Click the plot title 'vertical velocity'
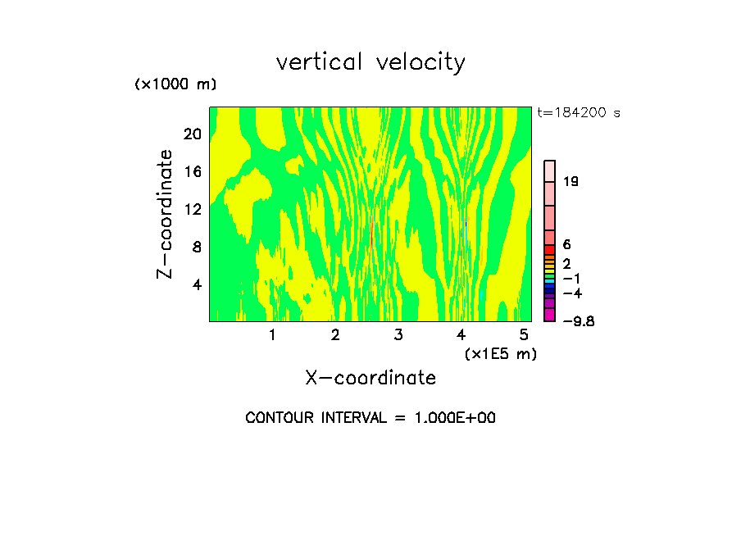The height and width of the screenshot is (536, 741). [x=370, y=62]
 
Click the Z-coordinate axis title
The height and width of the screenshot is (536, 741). [x=166, y=214]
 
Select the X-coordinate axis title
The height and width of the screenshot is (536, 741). [x=370, y=378]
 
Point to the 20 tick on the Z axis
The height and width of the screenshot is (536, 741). [x=192, y=134]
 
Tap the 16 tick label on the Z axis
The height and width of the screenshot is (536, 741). [x=192, y=172]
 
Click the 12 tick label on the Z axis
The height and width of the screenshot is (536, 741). [x=192, y=210]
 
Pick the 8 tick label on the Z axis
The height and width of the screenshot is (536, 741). [x=197, y=247]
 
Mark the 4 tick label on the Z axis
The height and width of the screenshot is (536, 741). [x=197, y=284]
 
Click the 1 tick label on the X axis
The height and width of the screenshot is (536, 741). [x=272, y=335]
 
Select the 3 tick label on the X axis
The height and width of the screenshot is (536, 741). [x=398, y=335]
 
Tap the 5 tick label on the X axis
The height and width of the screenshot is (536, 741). [x=524, y=335]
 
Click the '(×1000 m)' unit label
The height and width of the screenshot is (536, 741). [x=175, y=85]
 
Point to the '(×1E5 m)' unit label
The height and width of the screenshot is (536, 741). [x=500, y=354]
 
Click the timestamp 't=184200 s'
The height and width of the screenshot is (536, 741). [x=578, y=113]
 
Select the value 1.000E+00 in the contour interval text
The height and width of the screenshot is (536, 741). [x=452, y=418]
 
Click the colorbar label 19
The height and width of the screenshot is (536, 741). [x=571, y=182]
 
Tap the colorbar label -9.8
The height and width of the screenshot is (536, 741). [x=578, y=321]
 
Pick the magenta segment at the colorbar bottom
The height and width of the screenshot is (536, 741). [x=550, y=315]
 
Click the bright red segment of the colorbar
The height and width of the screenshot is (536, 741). [x=550, y=249]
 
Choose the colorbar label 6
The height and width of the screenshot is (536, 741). [x=566, y=245]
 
